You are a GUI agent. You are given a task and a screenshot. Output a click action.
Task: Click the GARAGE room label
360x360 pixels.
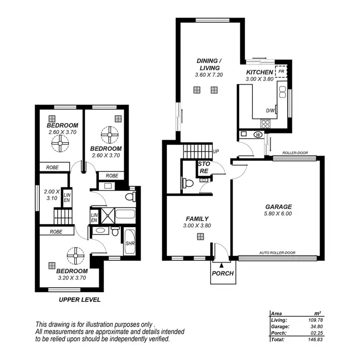278,207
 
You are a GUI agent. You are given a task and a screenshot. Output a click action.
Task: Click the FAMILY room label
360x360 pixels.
197,219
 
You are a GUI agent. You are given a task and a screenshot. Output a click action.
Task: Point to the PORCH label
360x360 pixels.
222,274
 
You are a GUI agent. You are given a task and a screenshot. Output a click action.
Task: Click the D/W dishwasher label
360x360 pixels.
271,110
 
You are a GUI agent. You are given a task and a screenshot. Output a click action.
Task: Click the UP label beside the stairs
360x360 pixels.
216,152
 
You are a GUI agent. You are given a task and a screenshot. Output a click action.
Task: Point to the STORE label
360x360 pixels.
204,167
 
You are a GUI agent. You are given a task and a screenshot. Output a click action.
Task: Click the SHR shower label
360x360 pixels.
130,243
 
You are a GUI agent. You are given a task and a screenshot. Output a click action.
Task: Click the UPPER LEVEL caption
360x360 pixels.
79,300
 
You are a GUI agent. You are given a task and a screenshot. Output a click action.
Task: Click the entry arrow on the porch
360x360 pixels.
221,264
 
